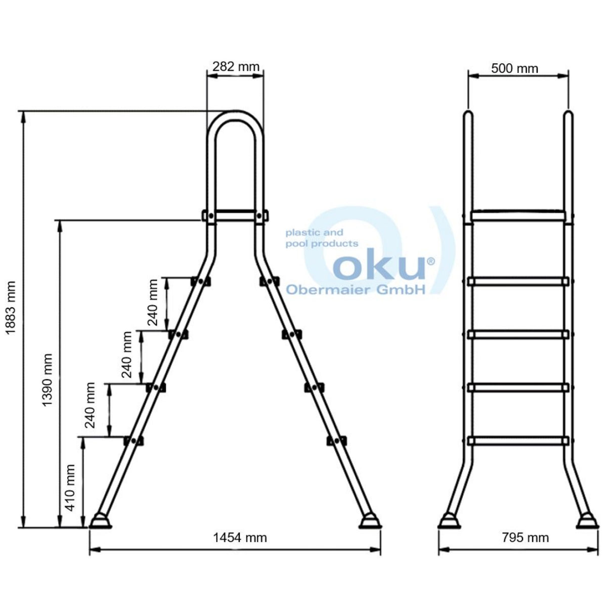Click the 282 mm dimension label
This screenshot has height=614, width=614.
[x=236, y=67]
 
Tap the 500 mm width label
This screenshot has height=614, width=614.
[x=514, y=68]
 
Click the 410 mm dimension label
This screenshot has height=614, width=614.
[x=70, y=488]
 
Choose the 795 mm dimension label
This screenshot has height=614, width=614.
[x=525, y=538]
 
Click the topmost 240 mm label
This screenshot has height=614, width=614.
[x=153, y=302]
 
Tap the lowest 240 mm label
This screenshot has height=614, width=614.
[x=90, y=405]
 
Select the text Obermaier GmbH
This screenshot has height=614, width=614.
[x=355, y=289]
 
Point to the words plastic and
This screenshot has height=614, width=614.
[x=314, y=233]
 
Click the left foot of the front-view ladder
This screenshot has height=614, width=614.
[x=449, y=521]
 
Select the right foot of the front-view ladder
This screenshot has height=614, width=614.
[x=587, y=521]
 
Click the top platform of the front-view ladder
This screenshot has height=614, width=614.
[x=518, y=216]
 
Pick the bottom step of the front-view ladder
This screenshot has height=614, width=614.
[x=518, y=441]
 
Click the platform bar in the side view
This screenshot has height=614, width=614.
[x=235, y=216]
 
